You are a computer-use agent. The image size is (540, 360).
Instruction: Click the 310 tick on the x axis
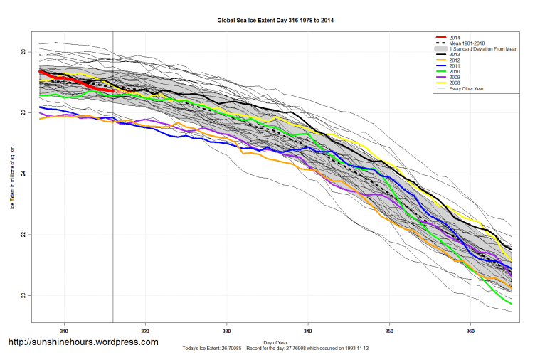point(65,331)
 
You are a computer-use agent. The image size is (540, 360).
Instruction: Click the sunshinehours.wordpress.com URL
point(83,342)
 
